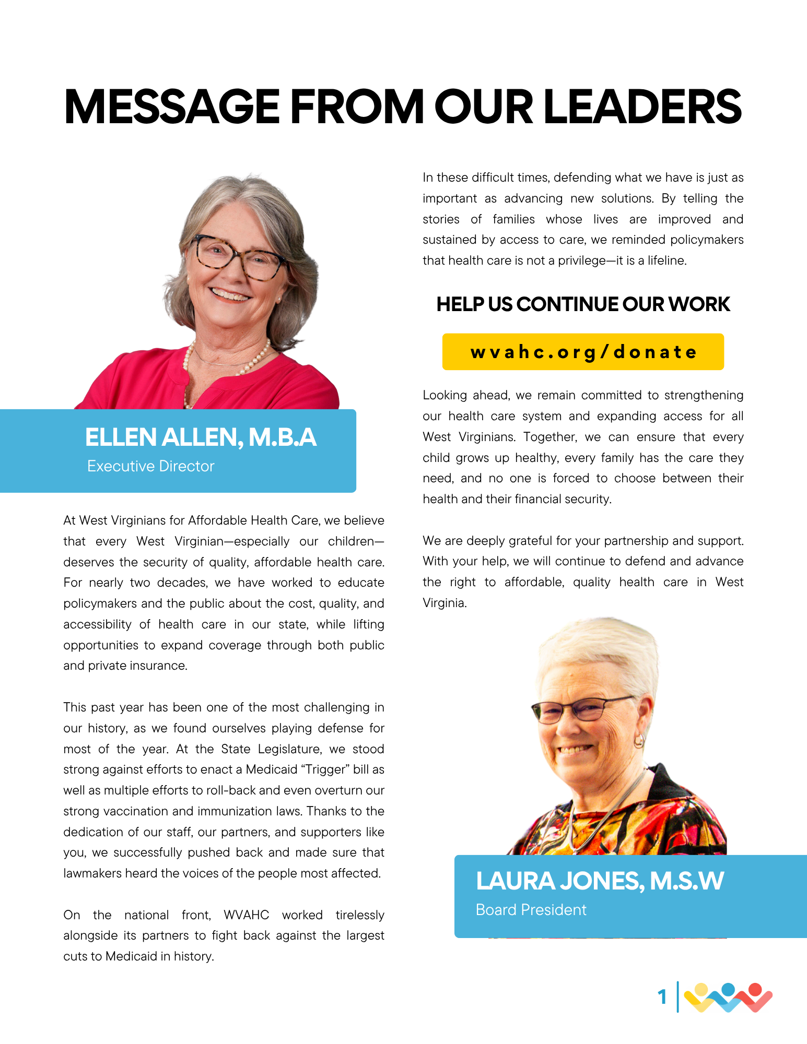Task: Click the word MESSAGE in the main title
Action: point(172,107)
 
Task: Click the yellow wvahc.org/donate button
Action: point(583,352)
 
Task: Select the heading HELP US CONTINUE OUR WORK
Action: point(583,304)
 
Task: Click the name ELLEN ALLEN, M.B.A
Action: point(201,437)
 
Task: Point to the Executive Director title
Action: point(151,466)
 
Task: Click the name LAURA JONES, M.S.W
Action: point(600,881)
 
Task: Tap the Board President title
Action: point(531,910)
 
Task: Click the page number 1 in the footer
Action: point(662,997)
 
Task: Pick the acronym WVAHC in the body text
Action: point(246,915)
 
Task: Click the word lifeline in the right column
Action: point(666,260)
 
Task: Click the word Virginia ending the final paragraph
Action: point(443,603)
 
